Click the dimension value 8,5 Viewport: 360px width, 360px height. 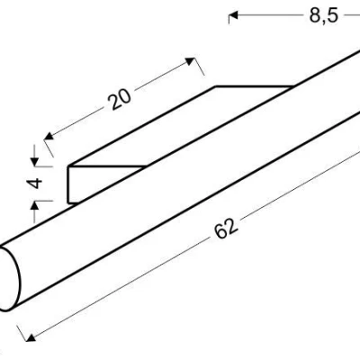(x=324, y=15)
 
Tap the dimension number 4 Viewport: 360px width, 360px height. (x=35, y=183)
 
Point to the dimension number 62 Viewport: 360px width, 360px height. (x=227, y=229)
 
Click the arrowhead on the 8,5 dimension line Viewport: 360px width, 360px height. (x=233, y=15)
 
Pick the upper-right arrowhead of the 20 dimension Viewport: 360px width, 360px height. (x=190, y=61)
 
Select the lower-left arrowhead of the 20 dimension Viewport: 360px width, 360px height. (x=49, y=136)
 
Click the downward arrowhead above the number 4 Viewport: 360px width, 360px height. (x=35, y=162)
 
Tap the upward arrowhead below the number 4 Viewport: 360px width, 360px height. (x=35, y=205)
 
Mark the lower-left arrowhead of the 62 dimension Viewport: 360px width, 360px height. (x=31, y=337)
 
